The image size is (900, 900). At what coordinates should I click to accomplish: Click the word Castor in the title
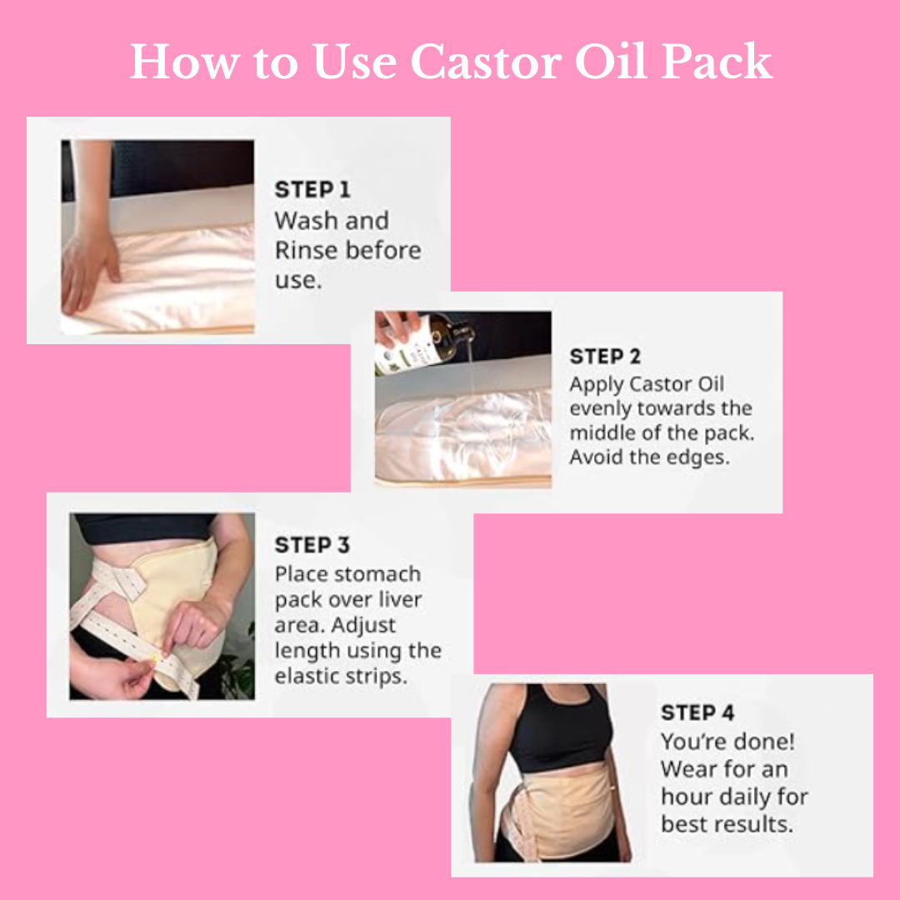(486, 62)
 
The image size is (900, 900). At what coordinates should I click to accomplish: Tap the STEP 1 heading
(312, 189)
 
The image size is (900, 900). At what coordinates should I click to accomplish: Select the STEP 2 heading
(605, 357)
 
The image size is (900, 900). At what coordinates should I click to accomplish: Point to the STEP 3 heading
(312, 545)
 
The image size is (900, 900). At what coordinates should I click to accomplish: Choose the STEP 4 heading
(697, 712)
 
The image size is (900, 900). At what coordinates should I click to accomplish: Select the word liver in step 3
(400, 599)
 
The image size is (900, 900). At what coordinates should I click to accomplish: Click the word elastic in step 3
(307, 676)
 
